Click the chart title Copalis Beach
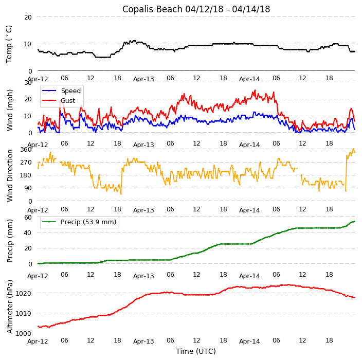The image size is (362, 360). [x=196, y=9]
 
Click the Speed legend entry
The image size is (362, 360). [x=70, y=91]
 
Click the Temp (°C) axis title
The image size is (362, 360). [x=9, y=44]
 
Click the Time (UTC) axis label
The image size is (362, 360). [x=196, y=351]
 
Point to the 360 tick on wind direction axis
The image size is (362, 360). [x=26, y=149]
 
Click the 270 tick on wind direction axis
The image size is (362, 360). [x=26, y=162]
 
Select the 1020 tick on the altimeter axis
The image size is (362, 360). [x=24, y=293]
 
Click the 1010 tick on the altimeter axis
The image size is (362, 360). [x=24, y=313]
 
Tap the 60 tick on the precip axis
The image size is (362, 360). [x=28, y=217]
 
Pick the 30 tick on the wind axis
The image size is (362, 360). [x=28, y=82]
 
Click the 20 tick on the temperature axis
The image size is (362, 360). [x=28, y=17]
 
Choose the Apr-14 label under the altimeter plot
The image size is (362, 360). [x=249, y=341]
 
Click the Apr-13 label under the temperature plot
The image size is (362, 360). [x=143, y=79]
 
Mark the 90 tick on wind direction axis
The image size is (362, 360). [x=28, y=188]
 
